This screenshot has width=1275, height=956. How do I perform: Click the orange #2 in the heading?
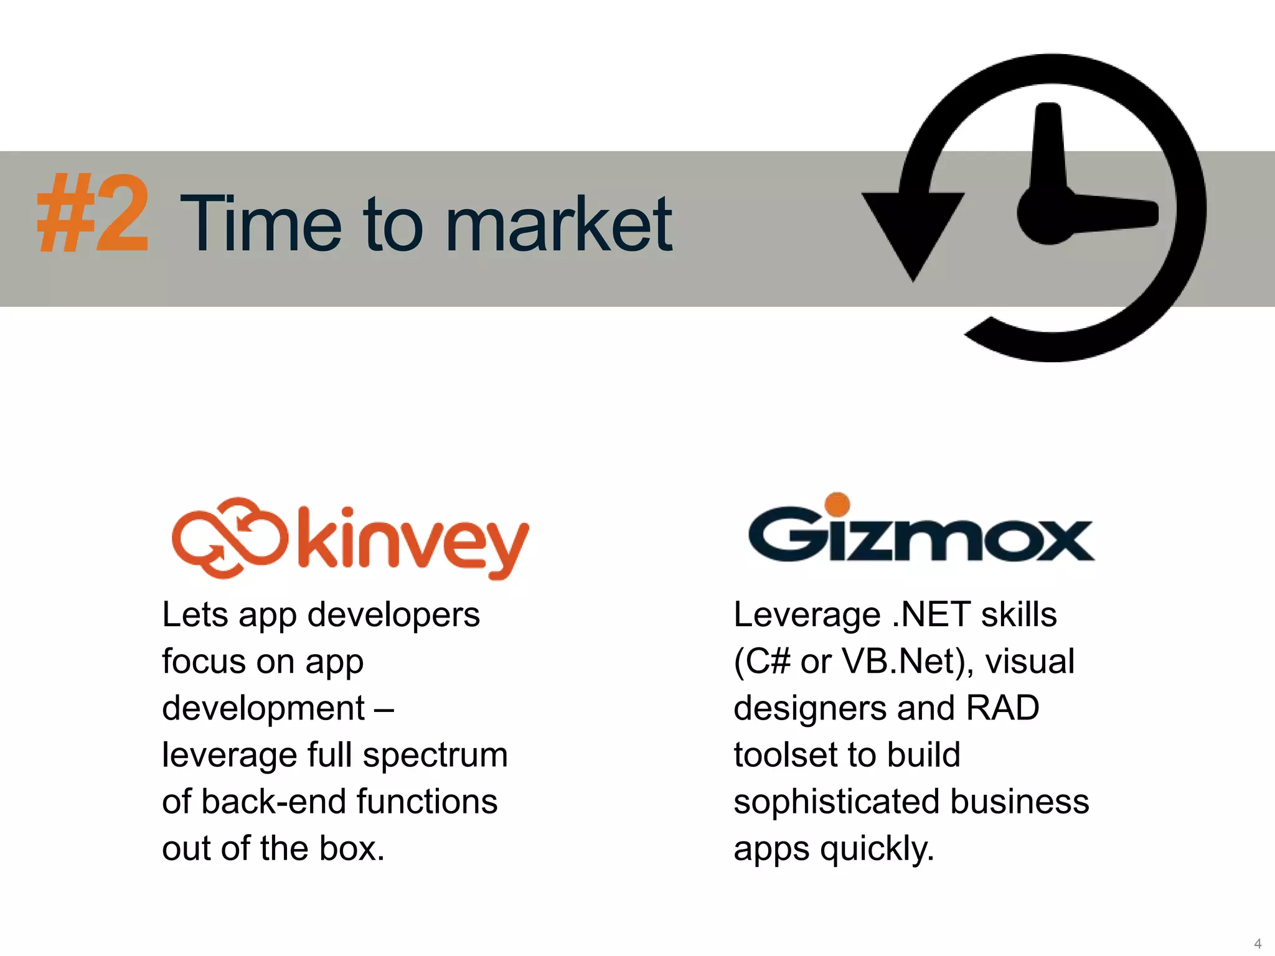(x=93, y=213)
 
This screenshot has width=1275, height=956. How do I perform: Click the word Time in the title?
(x=261, y=224)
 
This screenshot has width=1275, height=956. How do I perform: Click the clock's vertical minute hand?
(x=1049, y=149)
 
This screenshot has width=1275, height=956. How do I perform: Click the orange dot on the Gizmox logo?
(x=837, y=504)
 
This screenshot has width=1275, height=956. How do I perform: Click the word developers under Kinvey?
(x=393, y=615)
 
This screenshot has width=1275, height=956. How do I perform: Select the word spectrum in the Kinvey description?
(x=435, y=755)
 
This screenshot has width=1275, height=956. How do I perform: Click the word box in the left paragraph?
(x=351, y=848)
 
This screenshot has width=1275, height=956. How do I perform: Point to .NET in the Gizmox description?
(x=931, y=615)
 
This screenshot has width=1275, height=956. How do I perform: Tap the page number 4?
(x=1258, y=943)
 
